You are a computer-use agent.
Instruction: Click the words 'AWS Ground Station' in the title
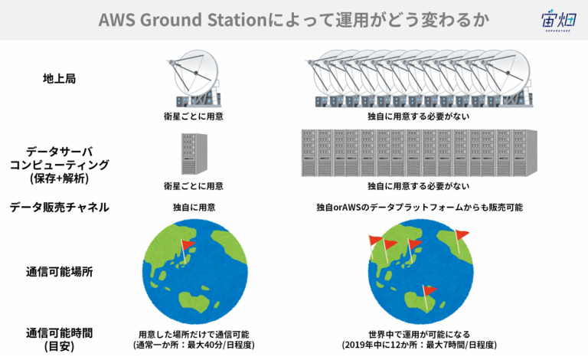[183, 20]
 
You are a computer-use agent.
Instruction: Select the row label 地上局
[59, 79]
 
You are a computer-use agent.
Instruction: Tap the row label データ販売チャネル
[59, 207]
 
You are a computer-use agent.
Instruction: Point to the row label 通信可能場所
[59, 271]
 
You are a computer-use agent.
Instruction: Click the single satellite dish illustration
[194, 79]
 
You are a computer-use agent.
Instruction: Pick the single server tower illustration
[194, 154]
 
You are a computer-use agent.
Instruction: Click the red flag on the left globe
[188, 245]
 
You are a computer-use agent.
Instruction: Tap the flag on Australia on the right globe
[430, 290]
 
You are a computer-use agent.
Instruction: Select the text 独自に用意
[194, 208]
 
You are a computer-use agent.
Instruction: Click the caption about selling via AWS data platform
[420, 208]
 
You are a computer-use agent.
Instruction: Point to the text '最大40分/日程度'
[220, 345]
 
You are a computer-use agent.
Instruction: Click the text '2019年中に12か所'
[379, 345]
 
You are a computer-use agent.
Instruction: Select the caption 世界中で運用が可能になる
[419, 334]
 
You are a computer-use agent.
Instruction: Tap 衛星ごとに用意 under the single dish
[194, 116]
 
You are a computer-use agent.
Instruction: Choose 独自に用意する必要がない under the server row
[419, 186]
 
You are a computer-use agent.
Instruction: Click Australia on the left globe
[194, 301]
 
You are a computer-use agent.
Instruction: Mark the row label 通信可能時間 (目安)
[59, 339]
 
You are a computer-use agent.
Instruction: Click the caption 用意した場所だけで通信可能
[194, 334]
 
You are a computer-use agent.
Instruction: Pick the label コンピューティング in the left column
[59, 165]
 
